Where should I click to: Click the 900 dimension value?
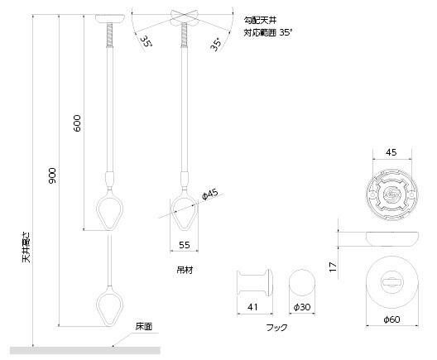point(52,175)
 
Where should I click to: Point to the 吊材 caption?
point(183,269)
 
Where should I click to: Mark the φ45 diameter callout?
point(209,194)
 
